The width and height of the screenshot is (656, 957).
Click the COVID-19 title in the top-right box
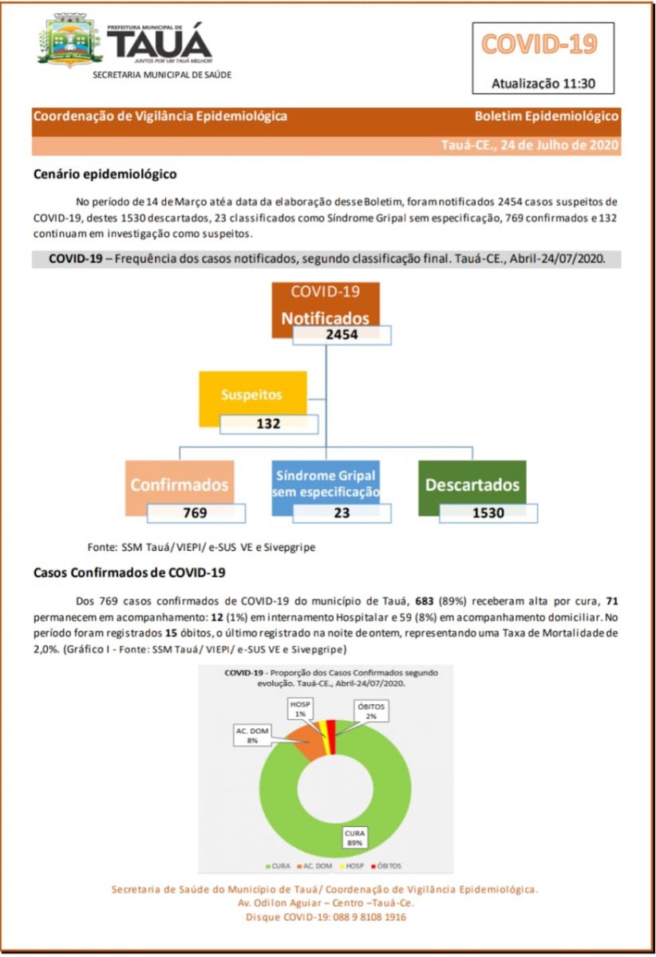pos(539,45)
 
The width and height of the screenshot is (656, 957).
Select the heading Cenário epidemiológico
pos(105,173)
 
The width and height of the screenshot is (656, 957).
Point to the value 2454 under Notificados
pos(342,335)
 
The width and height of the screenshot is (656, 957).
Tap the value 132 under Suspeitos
pos(268,424)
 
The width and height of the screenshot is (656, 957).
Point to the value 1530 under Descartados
pos(488,513)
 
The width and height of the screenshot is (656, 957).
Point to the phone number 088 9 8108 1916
pos(366,918)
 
